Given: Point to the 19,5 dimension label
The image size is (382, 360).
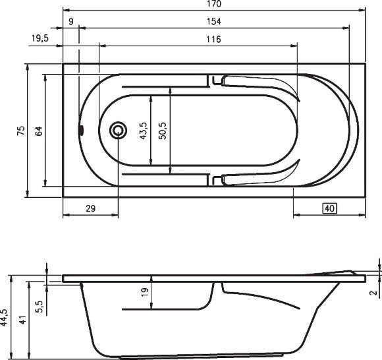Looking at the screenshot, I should [x=41, y=39].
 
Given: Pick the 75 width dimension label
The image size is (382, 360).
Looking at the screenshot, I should [x=20, y=131].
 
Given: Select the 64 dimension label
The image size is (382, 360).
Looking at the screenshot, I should [x=39, y=131].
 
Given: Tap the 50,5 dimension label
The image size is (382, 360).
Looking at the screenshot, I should [x=161, y=131].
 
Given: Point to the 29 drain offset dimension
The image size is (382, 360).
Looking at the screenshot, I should [x=91, y=208].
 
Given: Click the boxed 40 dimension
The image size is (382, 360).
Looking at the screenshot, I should [x=330, y=208].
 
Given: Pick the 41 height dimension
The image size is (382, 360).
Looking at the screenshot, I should [x=23, y=321].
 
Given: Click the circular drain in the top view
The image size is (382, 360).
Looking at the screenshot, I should [x=119, y=131].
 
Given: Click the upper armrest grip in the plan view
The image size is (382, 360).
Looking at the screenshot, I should [x=257, y=82].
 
